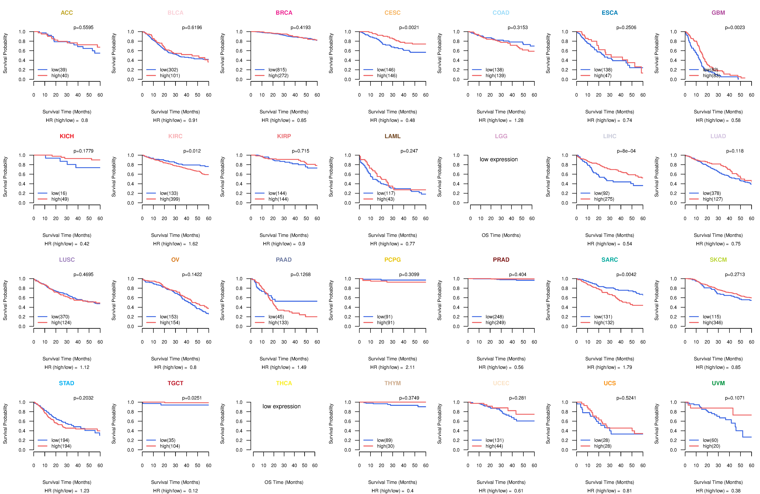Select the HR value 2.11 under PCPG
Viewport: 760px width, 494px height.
(410, 367)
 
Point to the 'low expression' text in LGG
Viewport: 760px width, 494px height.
(498, 159)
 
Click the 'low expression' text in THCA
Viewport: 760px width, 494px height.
(281, 406)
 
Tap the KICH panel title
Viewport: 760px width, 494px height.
(67, 136)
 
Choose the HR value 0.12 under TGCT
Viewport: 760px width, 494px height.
(193, 491)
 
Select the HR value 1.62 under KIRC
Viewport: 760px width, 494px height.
(193, 244)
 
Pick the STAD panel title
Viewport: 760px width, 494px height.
(66, 383)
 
